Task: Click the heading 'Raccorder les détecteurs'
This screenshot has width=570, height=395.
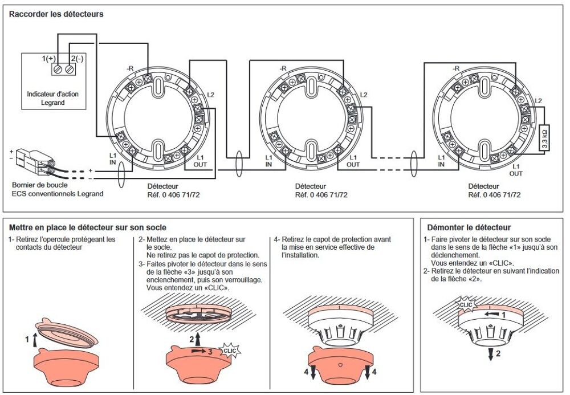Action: (56, 14)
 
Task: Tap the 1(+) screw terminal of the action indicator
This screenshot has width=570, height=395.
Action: (58, 68)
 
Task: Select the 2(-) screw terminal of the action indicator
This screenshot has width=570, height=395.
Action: (70, 68)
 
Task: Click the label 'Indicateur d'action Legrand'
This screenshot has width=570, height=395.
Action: (52, 98)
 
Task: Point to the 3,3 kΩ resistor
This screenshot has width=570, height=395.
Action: (544, 138)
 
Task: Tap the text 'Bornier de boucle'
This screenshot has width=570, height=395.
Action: (40, 185)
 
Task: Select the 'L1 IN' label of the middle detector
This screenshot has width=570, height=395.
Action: (268, 161)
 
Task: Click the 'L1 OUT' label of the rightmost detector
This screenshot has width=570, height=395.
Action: (516, 170)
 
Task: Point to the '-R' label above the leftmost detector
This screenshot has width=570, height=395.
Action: (130, 68)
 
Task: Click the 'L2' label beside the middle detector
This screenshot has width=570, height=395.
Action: (363, 95)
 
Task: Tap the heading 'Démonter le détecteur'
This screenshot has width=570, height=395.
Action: (469, 228)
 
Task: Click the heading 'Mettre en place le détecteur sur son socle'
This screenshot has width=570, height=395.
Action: (88, 228)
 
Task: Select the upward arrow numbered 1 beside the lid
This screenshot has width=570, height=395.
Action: (35, 339)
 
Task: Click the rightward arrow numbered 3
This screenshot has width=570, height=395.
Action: (198, 351)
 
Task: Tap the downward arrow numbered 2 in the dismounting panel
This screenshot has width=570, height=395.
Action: (491, 354)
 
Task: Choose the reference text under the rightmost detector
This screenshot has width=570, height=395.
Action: (494, 195)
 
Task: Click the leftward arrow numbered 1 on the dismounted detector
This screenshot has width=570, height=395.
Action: (491, 313)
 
